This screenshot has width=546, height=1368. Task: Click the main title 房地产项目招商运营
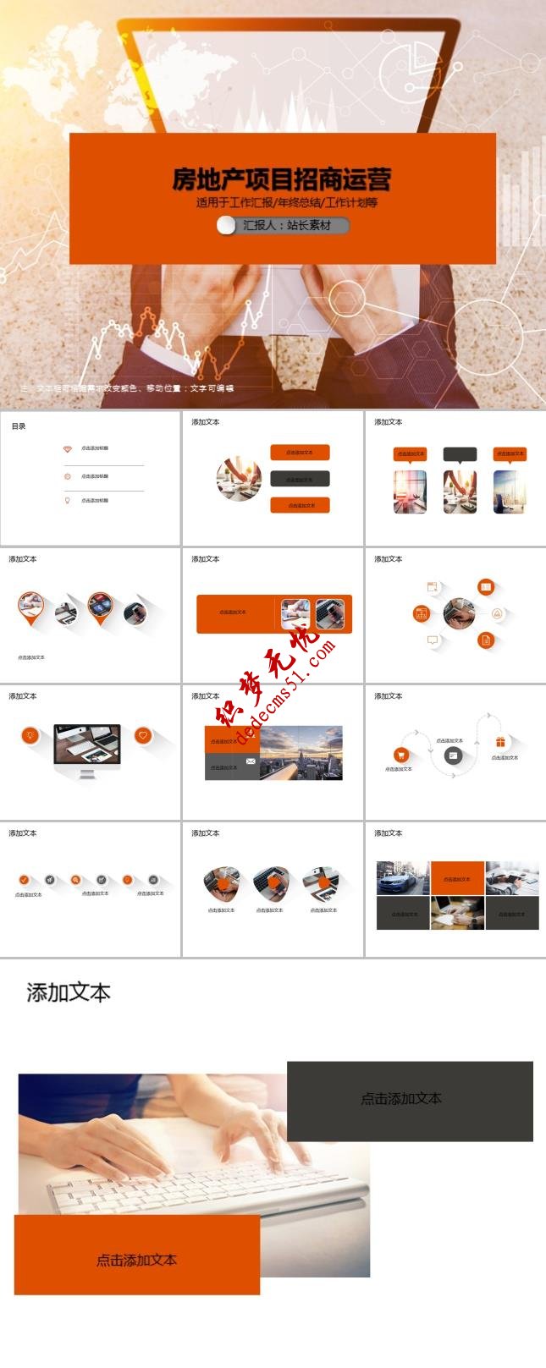pos(281,179)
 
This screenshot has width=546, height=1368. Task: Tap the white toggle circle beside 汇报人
pos(226,225)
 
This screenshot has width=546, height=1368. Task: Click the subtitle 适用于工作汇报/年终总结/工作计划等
pos(286,203)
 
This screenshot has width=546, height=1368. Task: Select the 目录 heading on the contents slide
pos(19,426)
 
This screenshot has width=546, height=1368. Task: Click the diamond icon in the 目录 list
pos(68,448)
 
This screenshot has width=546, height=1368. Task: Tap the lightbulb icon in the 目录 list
pos(68,500)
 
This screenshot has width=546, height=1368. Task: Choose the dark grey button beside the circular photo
pos(300,479)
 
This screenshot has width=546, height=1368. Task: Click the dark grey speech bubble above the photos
pos(460,454)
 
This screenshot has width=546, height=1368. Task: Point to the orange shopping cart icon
pos(401,755)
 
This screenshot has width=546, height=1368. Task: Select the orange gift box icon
pos(500,742)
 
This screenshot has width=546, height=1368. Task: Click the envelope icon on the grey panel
pos(251,761)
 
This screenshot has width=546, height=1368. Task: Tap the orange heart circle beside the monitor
pos(143,735)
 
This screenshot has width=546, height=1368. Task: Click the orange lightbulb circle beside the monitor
pos(30,735)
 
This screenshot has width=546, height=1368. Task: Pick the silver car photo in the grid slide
pos(403,878)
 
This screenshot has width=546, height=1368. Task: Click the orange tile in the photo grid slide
pos(457,878)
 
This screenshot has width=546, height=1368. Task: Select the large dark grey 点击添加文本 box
pos(410,1101)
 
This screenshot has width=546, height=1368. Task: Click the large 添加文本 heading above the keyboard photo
pos(69,992)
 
